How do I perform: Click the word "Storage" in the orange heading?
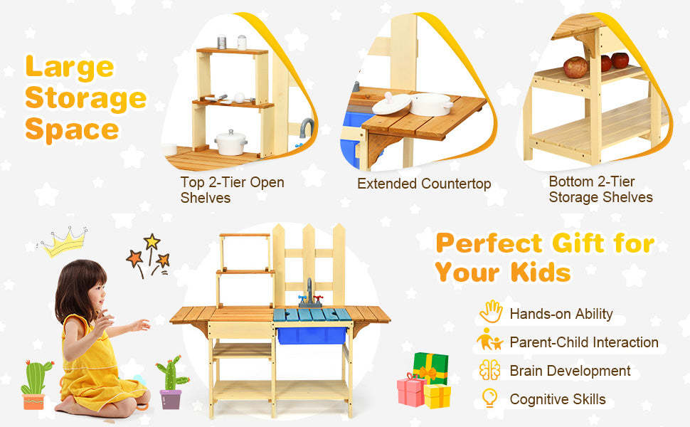85,97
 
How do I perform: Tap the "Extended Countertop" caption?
424,184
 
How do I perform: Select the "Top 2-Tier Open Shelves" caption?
232,190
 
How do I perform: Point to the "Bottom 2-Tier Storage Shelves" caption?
600,189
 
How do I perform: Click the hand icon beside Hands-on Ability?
491,312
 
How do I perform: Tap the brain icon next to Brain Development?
490,371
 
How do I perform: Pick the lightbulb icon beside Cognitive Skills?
489,399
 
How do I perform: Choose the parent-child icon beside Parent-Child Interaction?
490,341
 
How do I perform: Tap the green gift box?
430,366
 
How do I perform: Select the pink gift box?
410,389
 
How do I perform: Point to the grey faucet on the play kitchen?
310,292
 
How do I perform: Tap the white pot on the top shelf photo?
231,142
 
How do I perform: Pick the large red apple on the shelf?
575,68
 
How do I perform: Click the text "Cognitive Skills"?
558,399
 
